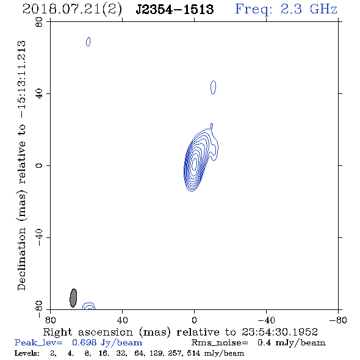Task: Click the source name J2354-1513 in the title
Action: pos(175,9)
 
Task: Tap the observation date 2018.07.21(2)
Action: pos(72,10)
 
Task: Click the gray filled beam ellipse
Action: pos(73,298)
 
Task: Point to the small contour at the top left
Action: pos(88,41)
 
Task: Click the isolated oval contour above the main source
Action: pos(214,87)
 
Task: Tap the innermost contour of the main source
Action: pos(195,162)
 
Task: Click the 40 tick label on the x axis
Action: pos(122,320)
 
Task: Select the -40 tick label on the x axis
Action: pos(266,320)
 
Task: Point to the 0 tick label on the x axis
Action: pos(194,320)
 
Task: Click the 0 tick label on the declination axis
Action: pos(39,165)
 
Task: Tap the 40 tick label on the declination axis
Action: pos(39,93)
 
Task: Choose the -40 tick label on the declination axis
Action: pos(39,237)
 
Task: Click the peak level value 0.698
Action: pos(84,342)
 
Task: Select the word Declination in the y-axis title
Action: pos(21,259)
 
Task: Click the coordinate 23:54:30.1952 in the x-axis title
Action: pos(279,332)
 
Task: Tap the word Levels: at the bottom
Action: pos(27,353)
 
